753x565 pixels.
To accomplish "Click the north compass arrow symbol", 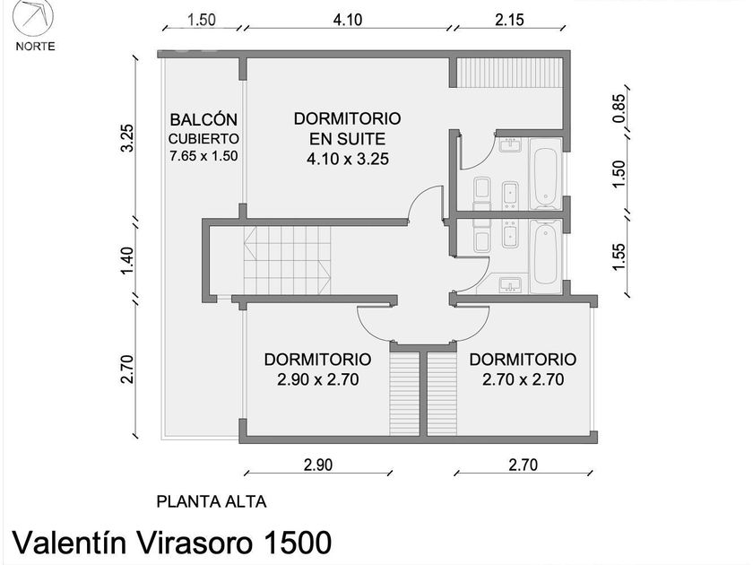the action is point(32,17).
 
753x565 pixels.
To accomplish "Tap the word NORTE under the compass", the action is point(35,47).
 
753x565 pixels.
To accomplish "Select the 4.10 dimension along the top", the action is point(348,20).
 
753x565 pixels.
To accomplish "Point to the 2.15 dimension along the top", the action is point(509,20).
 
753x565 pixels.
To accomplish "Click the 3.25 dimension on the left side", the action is point(126,138).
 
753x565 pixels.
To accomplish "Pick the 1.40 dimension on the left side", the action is point(126,260).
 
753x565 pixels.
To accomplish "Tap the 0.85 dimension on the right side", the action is point(619,109).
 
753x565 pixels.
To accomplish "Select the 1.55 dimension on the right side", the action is point(619,257).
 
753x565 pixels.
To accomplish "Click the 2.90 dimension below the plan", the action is point(318,465).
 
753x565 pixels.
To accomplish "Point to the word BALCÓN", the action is point(203,119).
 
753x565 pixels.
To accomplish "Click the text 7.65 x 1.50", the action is point(203,156).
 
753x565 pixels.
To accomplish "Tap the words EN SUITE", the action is point(347,139).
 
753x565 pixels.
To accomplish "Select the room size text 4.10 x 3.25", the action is point(348,159).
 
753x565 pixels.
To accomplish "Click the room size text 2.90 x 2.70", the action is point(318,379).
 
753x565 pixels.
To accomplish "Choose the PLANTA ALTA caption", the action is point(212,501).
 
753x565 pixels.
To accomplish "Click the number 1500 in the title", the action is point(297,543).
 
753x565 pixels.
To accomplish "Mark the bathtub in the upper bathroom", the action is point(545,174).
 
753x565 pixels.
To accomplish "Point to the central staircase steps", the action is point(287,260).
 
